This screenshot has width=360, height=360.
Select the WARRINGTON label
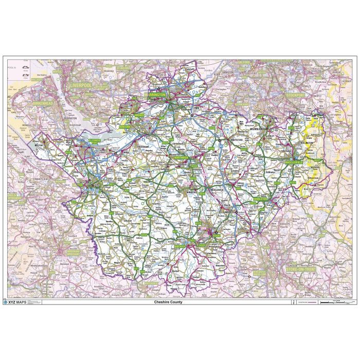pyautogui.click(x=154, y=95)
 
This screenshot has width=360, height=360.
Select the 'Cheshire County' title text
pyautogui.click(x=168, y=302)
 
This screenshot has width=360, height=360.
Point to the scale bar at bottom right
pyautogui.click(x=335, y=302)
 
